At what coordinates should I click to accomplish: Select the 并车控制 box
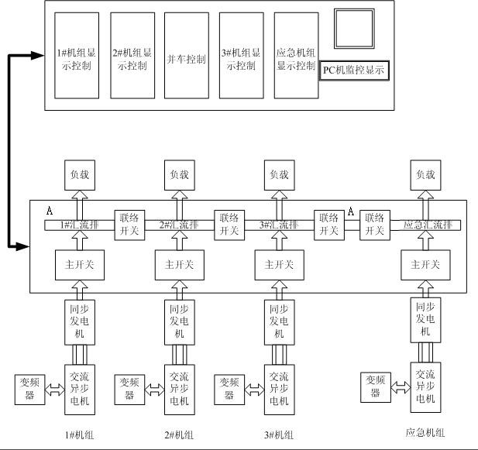[x=187, y=60]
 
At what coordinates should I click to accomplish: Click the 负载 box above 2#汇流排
[x=177, y=175]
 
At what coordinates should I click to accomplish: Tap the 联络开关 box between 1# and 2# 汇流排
[x=128, y=225]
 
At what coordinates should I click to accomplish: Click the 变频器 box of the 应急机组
[x=376, y=386]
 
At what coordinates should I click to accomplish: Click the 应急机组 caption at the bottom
[x=425, y=433]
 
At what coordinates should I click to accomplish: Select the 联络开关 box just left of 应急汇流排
[x=374, y=225]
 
